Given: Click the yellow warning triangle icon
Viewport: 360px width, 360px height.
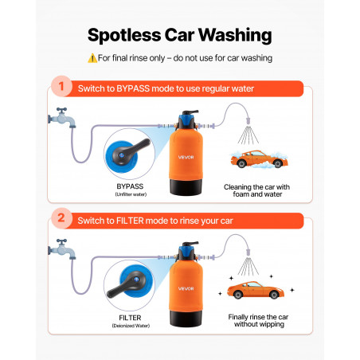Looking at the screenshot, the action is (x=92, y=58).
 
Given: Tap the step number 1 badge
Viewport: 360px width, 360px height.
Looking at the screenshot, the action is (x=61, y=86).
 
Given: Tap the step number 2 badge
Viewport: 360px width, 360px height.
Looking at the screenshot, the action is (x=61, y=218).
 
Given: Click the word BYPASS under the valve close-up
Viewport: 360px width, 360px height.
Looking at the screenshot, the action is (x=130, y=186).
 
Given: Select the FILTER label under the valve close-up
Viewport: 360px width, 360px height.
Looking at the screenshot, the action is (x=130, y=318).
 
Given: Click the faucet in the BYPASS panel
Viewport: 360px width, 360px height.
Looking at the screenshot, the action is (x=62, y=118).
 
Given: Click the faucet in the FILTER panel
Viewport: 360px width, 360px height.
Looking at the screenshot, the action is (x=62, y=249).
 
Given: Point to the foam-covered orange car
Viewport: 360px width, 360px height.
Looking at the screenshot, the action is (x=259, y=159).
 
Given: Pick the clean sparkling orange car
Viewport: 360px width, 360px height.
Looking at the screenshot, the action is (x=256, y=290).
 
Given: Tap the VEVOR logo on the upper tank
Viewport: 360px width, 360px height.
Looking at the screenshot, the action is (x=186, y=157).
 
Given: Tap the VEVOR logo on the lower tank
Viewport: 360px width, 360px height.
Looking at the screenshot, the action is (x=186, y=288).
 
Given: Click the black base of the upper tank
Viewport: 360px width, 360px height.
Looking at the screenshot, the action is (x=186, y=187).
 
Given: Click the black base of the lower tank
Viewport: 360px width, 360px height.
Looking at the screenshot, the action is (x=186, y=319).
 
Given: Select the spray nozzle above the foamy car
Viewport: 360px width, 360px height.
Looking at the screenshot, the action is (x=248, y=121).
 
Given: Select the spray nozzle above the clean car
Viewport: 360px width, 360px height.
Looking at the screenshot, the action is (x=248, y=252).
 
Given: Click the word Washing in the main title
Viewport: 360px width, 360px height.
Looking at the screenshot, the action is (x=235, y=36).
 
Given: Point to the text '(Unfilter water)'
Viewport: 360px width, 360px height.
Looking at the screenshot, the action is (x=131, y=194).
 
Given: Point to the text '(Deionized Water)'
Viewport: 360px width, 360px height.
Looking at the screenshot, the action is (x=131, y=326).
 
